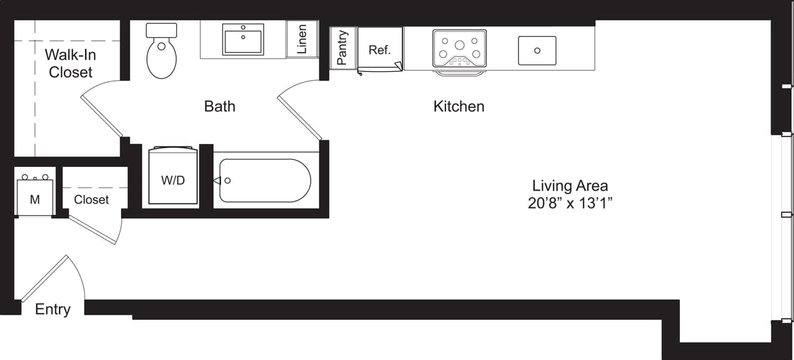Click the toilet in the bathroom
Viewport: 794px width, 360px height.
pos(161,56)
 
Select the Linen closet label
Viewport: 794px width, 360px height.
pos(302,39)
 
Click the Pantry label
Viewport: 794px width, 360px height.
pos(342,48)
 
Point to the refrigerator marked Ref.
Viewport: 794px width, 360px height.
pos(380,50)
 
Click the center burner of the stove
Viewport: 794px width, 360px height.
pos(460,45)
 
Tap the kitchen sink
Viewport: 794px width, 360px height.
pos(537,50)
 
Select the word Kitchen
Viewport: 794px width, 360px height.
pos(458,106)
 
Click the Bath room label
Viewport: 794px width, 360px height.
pos(220,106)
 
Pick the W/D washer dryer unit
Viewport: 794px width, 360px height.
pos(173,179)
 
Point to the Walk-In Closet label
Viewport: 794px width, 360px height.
pos(70,63)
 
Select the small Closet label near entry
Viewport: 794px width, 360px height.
pos(91,199)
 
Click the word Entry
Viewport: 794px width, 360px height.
pos(53,309)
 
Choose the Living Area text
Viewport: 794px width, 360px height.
pos(569,185)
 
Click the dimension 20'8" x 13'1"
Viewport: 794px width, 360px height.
pos(569,203)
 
